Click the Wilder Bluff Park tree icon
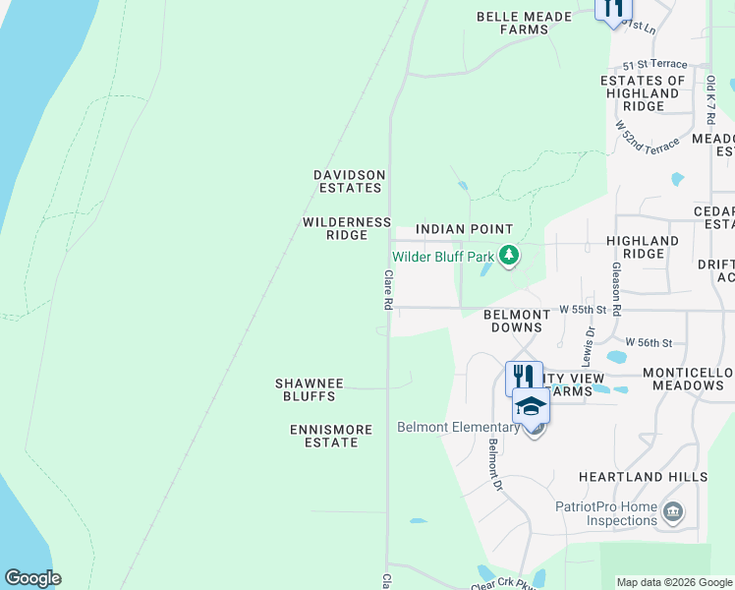point(508,257)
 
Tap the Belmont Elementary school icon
point(531,405)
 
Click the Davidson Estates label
point(349,181)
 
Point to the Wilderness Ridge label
point(347,229)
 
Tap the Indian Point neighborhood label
point(465,229)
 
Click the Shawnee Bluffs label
point(305,389)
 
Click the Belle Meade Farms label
point(512,23)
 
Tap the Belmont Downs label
point(517,322)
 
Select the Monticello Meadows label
point(689,380)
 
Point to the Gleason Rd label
point(616,288)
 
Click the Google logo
point(32,578)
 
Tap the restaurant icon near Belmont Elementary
point(524,377)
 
